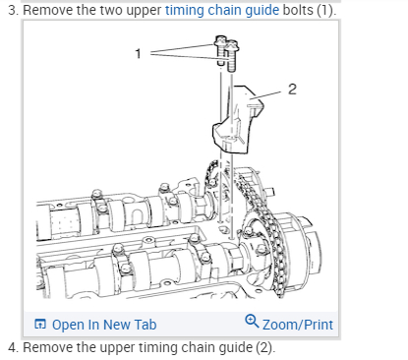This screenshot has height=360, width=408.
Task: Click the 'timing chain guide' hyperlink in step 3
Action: tap(222, 10)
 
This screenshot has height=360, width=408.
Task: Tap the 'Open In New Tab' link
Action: tap(104, 325)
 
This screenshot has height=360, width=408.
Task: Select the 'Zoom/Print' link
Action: tap(298, 325)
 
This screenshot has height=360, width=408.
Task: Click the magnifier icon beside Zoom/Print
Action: tap(252, 321)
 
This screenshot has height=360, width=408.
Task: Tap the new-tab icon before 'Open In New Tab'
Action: tap(40, 324)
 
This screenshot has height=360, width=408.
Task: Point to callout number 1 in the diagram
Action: tap(139, 53)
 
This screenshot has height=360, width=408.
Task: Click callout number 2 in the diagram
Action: tap(292, 90)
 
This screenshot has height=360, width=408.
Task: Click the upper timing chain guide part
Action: tap(237, 120)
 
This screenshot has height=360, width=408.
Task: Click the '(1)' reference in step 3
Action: tap(326, 10)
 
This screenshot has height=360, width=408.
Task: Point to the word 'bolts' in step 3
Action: tap(298, 10)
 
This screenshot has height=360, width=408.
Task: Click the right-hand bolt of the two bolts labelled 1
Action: tap(231, 56)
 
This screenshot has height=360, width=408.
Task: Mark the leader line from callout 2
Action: tap(266, 95)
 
